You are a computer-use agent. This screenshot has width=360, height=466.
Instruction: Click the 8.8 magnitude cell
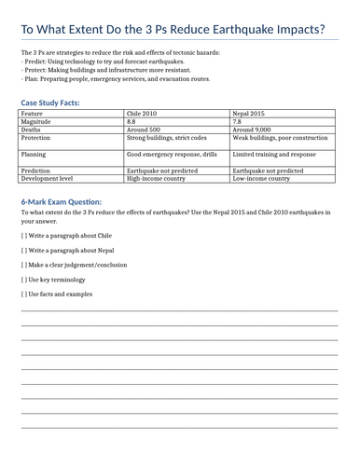132,121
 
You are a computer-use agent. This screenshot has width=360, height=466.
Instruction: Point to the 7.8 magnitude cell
237,121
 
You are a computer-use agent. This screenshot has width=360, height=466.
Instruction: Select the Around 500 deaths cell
144,130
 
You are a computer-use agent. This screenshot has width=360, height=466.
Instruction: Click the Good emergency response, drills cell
172,154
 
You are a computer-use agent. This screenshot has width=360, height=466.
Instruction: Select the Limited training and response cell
274,154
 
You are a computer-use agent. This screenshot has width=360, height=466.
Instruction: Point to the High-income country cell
157,177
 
